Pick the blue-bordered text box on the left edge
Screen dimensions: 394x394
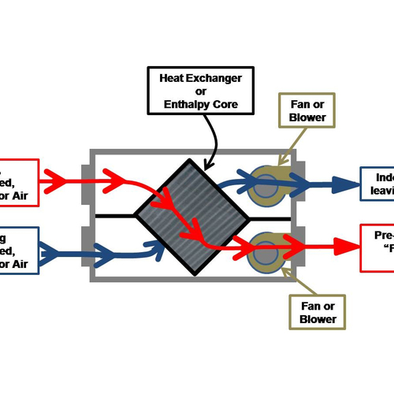click(17, 252)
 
